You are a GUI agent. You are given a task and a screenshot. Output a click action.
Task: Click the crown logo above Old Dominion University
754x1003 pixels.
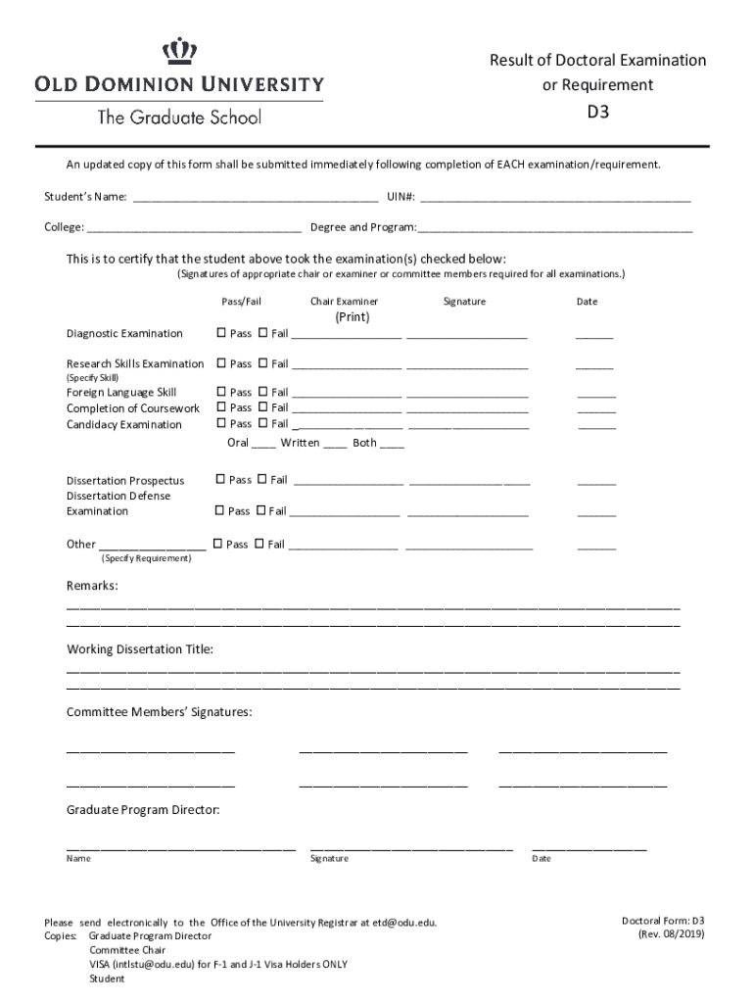point(179,51)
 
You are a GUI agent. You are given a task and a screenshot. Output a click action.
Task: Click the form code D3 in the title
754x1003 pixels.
point(597,112)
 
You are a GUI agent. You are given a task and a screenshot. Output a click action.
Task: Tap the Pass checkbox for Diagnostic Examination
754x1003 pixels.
point(221,333)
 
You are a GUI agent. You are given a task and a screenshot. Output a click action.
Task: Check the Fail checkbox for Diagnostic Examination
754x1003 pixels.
point(262,333)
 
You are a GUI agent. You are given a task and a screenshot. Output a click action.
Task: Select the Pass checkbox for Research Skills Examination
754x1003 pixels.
point(221,363)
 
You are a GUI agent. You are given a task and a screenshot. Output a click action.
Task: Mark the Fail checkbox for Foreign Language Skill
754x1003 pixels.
point(262,392)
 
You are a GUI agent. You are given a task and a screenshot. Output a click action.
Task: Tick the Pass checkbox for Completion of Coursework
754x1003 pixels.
point(221,407)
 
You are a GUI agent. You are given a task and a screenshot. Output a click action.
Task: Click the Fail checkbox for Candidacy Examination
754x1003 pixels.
point(262,424)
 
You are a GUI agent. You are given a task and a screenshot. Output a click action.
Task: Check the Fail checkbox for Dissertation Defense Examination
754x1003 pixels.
point(260,510)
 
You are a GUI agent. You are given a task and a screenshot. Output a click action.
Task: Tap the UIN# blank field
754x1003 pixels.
point(554,198)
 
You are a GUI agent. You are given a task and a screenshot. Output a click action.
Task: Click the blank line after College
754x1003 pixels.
point(194,228)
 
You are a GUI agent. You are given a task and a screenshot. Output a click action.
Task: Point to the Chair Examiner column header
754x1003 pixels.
point(344,302)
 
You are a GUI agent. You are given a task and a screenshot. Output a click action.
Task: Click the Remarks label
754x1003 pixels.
point(92,586)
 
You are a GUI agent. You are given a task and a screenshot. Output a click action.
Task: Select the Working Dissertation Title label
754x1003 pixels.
point(139,649)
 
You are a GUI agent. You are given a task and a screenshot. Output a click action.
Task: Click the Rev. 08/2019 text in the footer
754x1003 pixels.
point(670,933)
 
